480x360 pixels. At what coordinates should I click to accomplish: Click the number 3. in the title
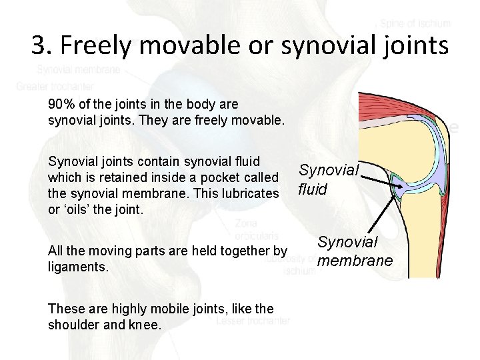click(41, 45)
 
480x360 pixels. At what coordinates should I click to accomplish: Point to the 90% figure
click(61, 105)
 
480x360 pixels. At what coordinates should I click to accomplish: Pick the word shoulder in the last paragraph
click(75, 325)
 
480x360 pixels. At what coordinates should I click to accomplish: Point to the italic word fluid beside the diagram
click(313, 189)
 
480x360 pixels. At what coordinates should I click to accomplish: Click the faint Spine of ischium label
click(415, 23)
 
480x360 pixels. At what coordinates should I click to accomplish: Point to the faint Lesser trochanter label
click(253, 321)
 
